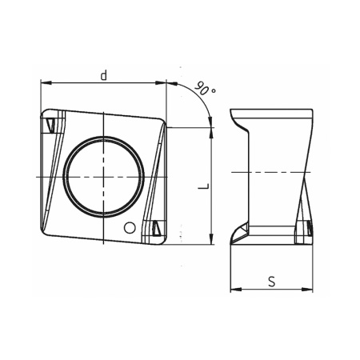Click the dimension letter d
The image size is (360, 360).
click(104, 74)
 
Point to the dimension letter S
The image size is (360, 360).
click(271, 281)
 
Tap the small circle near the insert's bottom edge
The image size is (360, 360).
click(127, 227)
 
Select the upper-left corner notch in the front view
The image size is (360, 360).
click(50, 125)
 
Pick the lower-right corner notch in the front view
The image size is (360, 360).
click(156, 229)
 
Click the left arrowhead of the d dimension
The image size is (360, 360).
click(45, 82)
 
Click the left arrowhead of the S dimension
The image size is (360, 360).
click(234, 287)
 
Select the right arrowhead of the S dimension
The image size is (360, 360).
click(308, 287)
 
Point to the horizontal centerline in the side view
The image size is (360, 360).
click(272, 172)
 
